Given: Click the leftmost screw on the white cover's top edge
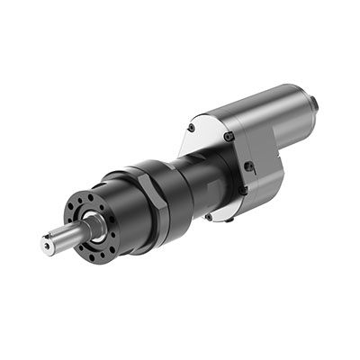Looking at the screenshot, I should click(191, 128).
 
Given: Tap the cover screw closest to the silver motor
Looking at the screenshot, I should click(229, 136).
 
